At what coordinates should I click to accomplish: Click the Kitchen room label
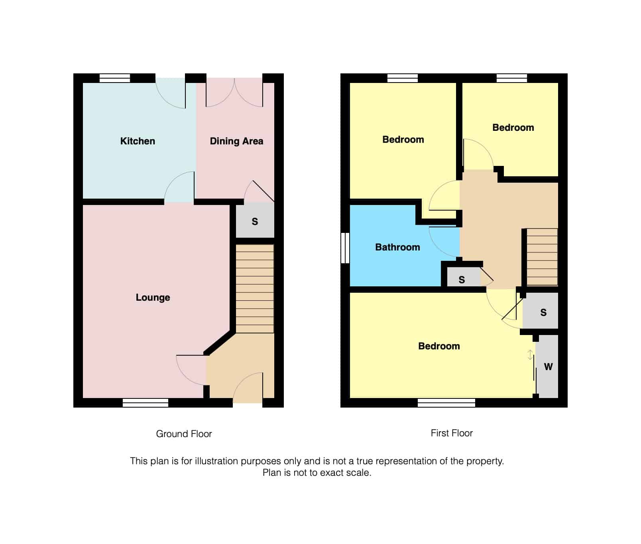coord(138,141)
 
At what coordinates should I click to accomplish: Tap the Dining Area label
coord(236,141)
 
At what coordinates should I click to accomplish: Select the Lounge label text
coord(153,298)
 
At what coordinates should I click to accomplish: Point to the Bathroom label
coord(397,247)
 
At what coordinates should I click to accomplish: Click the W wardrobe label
coord(548,367)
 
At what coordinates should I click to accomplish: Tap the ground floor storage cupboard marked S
coord(255,221)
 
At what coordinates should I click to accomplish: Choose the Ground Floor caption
coord(184,434)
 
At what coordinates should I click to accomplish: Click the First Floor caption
coord(452,433)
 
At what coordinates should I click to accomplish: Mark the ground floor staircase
coord(255,289)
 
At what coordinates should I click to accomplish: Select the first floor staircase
coord(542,257)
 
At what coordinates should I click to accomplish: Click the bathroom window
coord(345,248)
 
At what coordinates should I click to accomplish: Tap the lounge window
coord(146,403)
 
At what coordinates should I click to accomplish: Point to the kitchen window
coord(115,78)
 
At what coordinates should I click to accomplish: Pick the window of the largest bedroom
coord(446,403)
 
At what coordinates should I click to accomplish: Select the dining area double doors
coord(234,94)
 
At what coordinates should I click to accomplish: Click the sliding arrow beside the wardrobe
coord(530,355)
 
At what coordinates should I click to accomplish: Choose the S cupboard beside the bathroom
coord(462,280)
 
